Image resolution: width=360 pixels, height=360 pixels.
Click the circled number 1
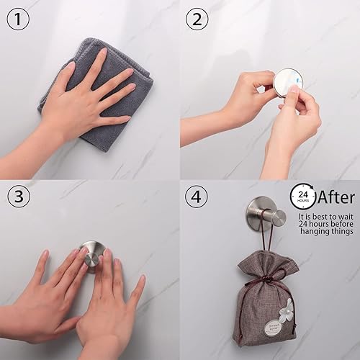point(19,19)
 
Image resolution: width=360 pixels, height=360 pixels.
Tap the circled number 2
point(197,19)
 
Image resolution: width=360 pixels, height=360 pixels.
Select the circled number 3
point(19,196)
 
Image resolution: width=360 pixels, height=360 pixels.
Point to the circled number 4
point(197,196)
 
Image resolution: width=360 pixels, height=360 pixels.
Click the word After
point(336,196)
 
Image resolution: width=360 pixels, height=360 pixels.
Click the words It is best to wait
point(322,215)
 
